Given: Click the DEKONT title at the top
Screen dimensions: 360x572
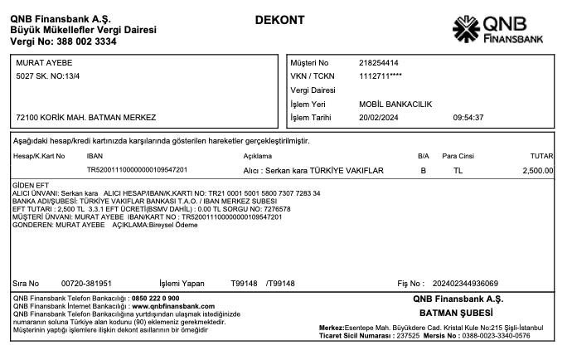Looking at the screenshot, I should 279,20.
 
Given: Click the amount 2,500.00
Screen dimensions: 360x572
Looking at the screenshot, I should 538,170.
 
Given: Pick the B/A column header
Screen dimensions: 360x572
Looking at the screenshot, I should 423,156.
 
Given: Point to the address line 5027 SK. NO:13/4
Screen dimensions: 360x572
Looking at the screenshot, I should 51,77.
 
